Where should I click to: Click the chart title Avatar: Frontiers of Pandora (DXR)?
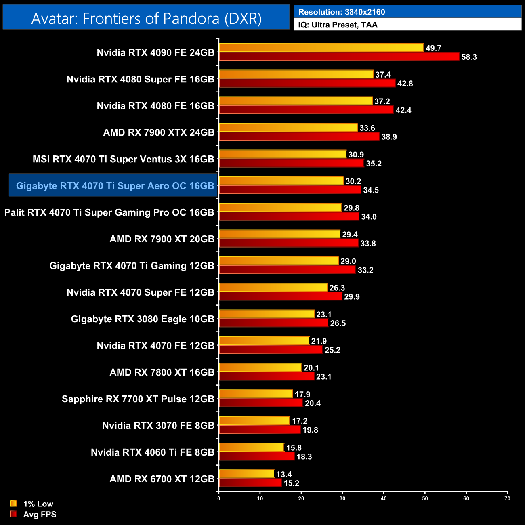tap(146, 19)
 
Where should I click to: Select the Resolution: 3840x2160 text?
tap(341, 12)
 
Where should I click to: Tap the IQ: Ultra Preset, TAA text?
tap(338, 25)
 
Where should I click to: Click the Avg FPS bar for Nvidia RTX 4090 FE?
tap(339, 57)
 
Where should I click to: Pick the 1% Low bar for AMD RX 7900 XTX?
tap(288, 128)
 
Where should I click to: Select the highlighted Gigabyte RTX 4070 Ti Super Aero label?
tap(115, 186)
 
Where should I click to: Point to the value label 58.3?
tap(469, 57)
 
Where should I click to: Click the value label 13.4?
tap(284, 474)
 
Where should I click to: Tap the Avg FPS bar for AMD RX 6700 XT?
tap(250, 483)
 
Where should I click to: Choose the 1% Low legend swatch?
tap(14, 504)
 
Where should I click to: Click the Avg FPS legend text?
tap(40, 514)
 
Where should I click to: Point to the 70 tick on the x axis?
tap(507, 498)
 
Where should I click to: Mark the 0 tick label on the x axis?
tap(219, 498)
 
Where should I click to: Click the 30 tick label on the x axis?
tap(342, 498)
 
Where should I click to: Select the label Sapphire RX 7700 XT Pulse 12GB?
tap(138, 399)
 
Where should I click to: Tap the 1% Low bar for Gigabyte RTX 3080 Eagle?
tap(267, 314)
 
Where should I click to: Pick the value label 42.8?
tap(405, 84)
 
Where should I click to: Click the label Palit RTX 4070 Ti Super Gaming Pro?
tap(109, 212)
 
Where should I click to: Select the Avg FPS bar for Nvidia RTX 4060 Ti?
tap(256, 456)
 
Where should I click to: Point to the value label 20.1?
tap(311, 367)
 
